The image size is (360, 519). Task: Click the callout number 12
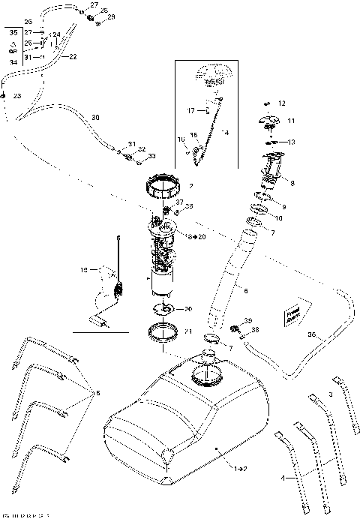coord(282,103)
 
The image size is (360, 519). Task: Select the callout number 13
coord(292,142)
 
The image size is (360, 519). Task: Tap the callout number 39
coord(248,320)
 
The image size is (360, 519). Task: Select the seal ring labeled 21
coord(165,331)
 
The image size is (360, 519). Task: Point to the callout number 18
coord(84,268)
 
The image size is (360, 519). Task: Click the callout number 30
coord(94,117)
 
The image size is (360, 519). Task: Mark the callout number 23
coord(16,96)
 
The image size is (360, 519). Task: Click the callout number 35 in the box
coord(11,33)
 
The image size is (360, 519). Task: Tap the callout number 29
coord(112,16)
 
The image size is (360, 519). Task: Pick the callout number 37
coord(179,203)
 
